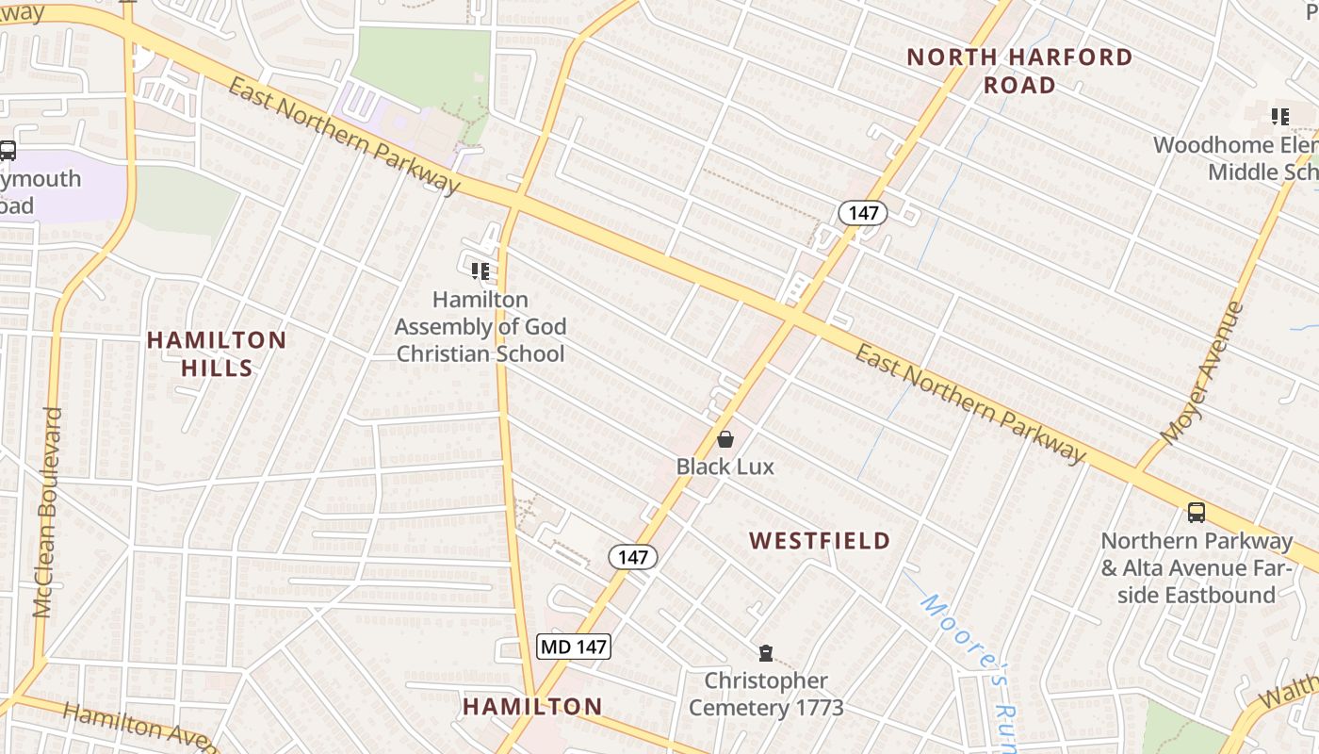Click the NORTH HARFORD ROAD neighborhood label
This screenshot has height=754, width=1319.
(x=1019, y=71)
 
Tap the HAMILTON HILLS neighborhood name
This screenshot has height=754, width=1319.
(x=217, y=353)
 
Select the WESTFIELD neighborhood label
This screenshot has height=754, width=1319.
(x=820, y=540)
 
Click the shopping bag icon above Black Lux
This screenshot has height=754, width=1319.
(x=725, y=439)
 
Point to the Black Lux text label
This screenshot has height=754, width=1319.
(x=725, y=466)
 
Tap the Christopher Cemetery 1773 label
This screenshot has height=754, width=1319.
(x=766, y=694)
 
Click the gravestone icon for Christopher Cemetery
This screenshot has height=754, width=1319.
(x=766, y=653)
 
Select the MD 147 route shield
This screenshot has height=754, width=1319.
(x=574, y=647)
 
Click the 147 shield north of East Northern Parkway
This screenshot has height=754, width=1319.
(x=863, y=213)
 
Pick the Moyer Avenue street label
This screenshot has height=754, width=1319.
(x=1203, y=374)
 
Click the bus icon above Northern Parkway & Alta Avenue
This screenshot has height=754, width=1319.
(x=1197, y=513)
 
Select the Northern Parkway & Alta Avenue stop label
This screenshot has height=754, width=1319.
(x=1197, y=568)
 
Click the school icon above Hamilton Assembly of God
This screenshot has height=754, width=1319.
(x=480, y=271)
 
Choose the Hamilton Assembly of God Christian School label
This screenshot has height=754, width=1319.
(x=480, y=326)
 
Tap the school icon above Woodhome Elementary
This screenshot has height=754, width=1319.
(x=1279, y=117)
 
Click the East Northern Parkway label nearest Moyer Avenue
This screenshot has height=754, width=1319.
(x=970, y=403)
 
